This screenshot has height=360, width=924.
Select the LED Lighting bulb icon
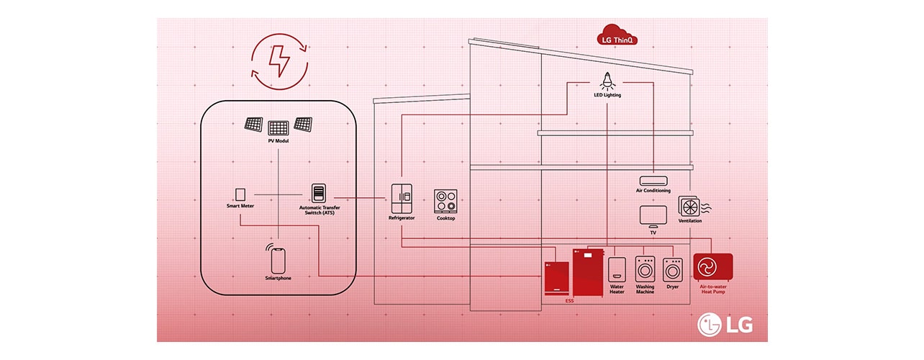[x=608, y=81]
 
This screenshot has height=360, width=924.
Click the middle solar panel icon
[x=278, y=128]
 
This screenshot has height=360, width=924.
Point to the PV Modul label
[x=278, y=141]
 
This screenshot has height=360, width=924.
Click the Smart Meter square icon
[x=240, y=194]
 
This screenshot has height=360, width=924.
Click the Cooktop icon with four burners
[x=445, y=201]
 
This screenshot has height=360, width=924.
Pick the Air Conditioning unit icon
[x=653, y=180]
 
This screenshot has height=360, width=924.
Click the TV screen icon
[x=653, y=215]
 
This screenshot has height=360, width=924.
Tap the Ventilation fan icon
[x=690, y=207]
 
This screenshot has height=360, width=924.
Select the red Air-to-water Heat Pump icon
[x=712, y=267]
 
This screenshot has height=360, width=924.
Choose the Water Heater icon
[x=617, y=269]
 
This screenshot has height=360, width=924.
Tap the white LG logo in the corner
[x=725, y=325]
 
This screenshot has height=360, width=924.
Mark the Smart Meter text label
[x=240, y=206]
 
